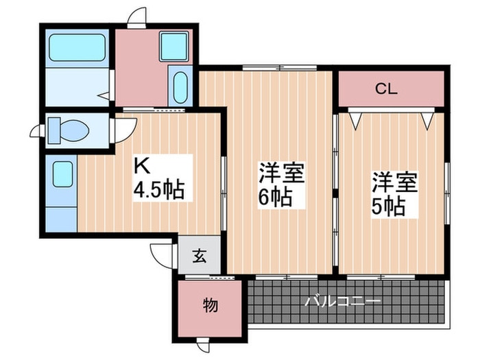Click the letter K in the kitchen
point(141,167)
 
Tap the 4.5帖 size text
point(158,190)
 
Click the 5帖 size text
point(388,204)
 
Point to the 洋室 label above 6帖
point(281,172)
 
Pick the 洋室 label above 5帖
point(394,181)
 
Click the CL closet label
point(387,88)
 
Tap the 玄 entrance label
point(199,258)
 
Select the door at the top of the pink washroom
point(138,17)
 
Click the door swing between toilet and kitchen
point(125,130)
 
